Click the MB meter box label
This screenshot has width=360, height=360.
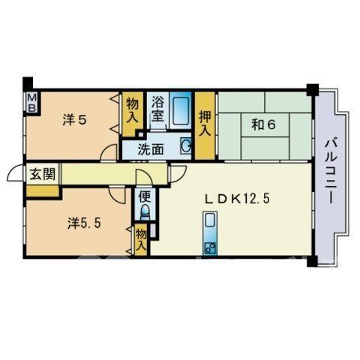point(32,103)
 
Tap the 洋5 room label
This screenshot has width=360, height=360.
point(75,120)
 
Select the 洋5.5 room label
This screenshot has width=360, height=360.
point(84,223)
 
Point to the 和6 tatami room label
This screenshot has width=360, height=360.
point(264,124)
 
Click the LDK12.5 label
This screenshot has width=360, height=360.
point(237,199)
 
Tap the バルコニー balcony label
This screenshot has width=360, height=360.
point(331,172)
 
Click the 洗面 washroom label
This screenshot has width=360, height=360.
point(151,149)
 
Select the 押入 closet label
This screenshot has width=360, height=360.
point(205,124)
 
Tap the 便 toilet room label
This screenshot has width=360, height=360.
point(145,196)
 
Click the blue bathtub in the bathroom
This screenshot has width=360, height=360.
point(181,110)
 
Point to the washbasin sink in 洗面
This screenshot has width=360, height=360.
point(186,145)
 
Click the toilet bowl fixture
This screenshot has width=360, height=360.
point(145,212)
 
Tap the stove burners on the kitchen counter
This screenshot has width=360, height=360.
point(209,247)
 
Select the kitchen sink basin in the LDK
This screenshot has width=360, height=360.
point(209,220)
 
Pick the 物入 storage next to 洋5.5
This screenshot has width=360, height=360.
point(141,240)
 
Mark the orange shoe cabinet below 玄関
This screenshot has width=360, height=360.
point(43,191)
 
